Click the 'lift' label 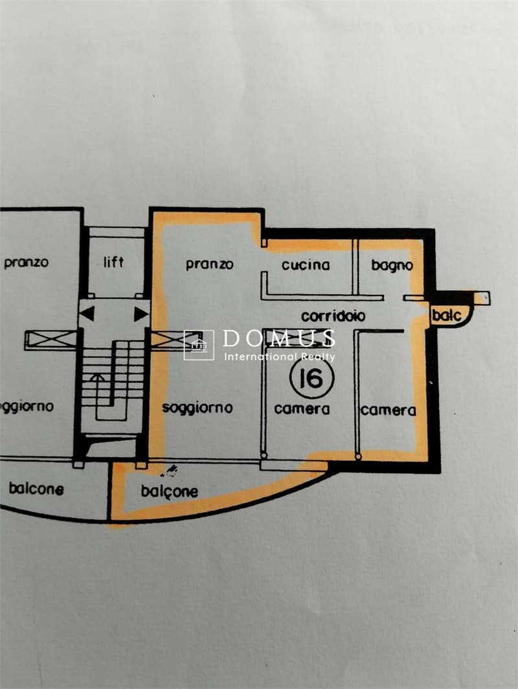point(113,262)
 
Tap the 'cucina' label point(306,265)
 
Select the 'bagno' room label point(392,266)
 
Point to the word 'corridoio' point(333,316)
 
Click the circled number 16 point(312,377)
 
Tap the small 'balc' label point(446,315)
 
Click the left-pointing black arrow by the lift point(87,314)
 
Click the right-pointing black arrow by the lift point(141,314)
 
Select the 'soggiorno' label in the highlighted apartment point(197,408)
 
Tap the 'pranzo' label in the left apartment point(26,263)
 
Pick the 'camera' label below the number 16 point(302,409)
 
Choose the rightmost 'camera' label point(388,410)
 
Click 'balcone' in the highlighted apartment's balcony point(170,491)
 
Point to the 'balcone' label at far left point(36,489)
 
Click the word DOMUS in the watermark point(279,338)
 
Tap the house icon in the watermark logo point(199,345)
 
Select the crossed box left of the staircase point(51,340)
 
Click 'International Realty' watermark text point(280,356)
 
